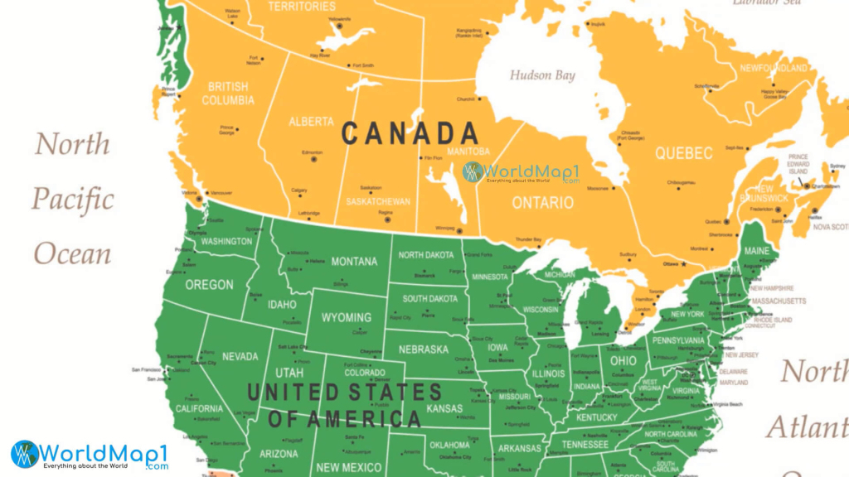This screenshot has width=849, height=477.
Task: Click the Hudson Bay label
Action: click(542, 75)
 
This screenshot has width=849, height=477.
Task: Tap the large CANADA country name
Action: click(410, 132)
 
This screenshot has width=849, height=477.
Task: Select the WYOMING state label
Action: click(347, 318)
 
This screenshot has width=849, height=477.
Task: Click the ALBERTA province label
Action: click(311, 122)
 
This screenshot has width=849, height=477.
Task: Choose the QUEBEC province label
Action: click(683, 153)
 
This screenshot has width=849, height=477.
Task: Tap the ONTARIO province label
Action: click(542, 203)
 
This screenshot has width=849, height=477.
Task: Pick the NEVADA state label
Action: click(240, 357)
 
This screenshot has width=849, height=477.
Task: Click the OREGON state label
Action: click(209, 285)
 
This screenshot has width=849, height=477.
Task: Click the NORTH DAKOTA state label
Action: click(427, 254)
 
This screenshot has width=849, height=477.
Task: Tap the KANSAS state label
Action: click(444, 408)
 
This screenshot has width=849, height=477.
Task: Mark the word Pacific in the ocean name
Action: click(73, 200)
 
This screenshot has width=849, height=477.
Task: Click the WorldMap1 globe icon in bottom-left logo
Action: click(25, 454)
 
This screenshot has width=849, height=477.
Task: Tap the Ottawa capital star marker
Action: click(683, 264)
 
